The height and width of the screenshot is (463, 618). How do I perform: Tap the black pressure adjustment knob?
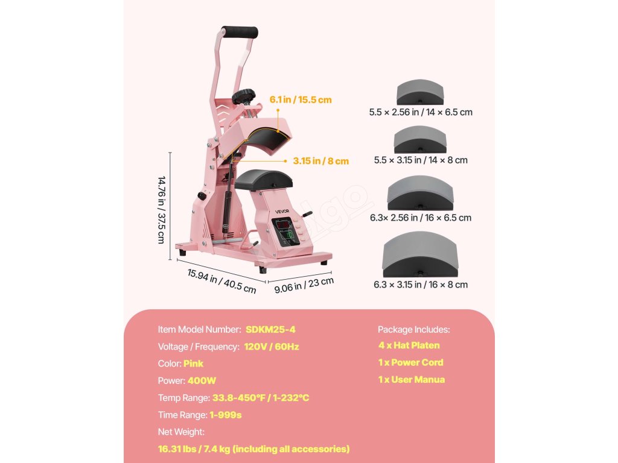click(245, 96)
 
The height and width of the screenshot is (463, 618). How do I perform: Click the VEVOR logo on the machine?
click(283, 210)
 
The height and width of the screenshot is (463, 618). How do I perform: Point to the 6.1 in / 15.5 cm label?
click(301, 99)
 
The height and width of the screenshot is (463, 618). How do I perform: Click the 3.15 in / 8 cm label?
click(321, 161)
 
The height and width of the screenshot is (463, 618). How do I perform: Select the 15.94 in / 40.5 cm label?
click(221, 281)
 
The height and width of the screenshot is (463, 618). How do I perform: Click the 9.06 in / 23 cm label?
click(304, 285)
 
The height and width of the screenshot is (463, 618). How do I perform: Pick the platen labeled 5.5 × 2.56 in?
click(420, 93)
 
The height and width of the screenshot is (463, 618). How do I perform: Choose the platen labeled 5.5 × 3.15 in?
click(420, 140)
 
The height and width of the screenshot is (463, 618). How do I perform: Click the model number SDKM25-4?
click(270, 330)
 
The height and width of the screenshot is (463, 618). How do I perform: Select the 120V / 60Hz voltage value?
click(272, 347)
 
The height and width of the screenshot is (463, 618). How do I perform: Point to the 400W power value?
click(202, 381)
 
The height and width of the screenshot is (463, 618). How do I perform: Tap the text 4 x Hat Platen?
click(409, 345)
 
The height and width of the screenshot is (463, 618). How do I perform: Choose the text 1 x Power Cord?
click(410, 362)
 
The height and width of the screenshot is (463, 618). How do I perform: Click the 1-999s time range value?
click(226, 415)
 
